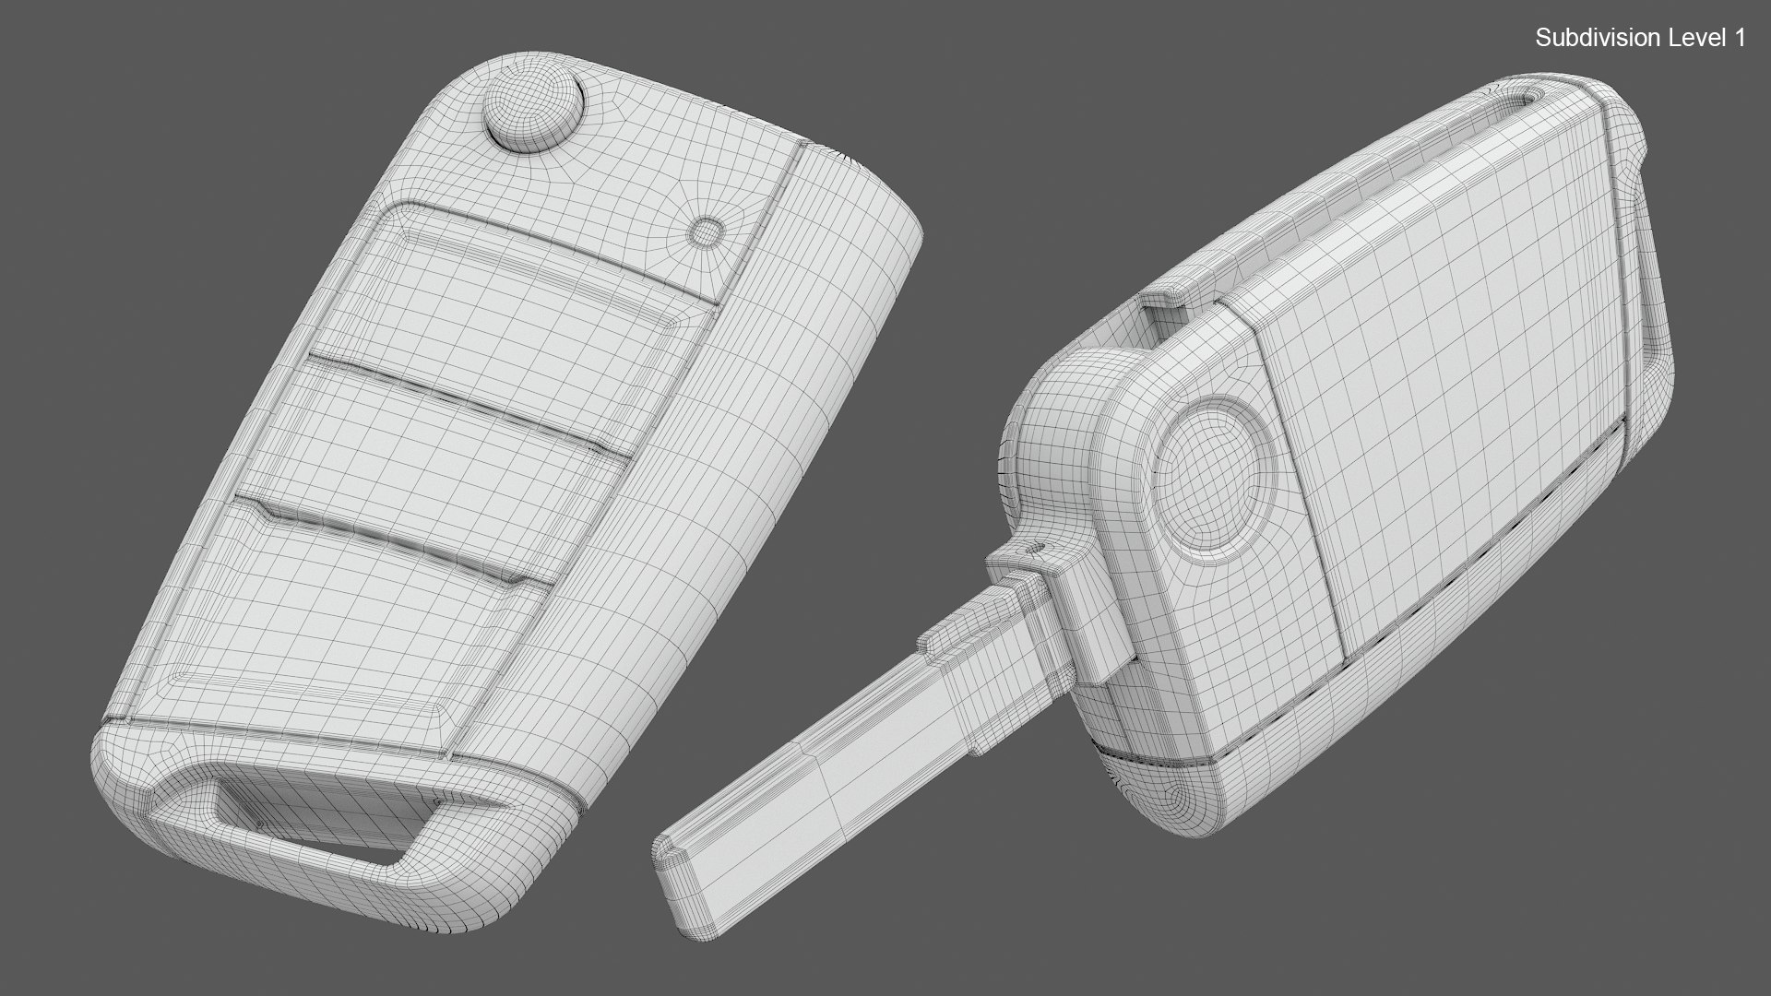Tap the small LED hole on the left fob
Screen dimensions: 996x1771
coord(707,231)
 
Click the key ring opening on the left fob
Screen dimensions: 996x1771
coord(304,812)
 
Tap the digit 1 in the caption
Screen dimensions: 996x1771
coord(1740,38)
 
